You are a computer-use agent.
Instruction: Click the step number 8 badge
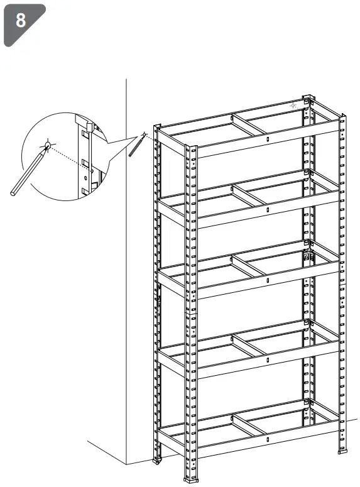tap(21, 21)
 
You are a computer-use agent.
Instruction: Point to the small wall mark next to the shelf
tap(144, 134)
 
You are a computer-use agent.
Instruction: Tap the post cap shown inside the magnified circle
tap(83, 120)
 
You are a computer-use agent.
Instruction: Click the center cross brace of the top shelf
tap(251, 124)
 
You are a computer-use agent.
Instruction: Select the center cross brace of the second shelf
tap(251, 195)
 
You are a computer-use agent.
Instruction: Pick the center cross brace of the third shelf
tap(251, 265)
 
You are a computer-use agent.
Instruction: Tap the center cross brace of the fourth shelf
tap(251, 345)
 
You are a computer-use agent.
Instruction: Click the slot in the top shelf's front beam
tap(267, 139)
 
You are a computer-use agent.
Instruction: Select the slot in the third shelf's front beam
tap(267, 280)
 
